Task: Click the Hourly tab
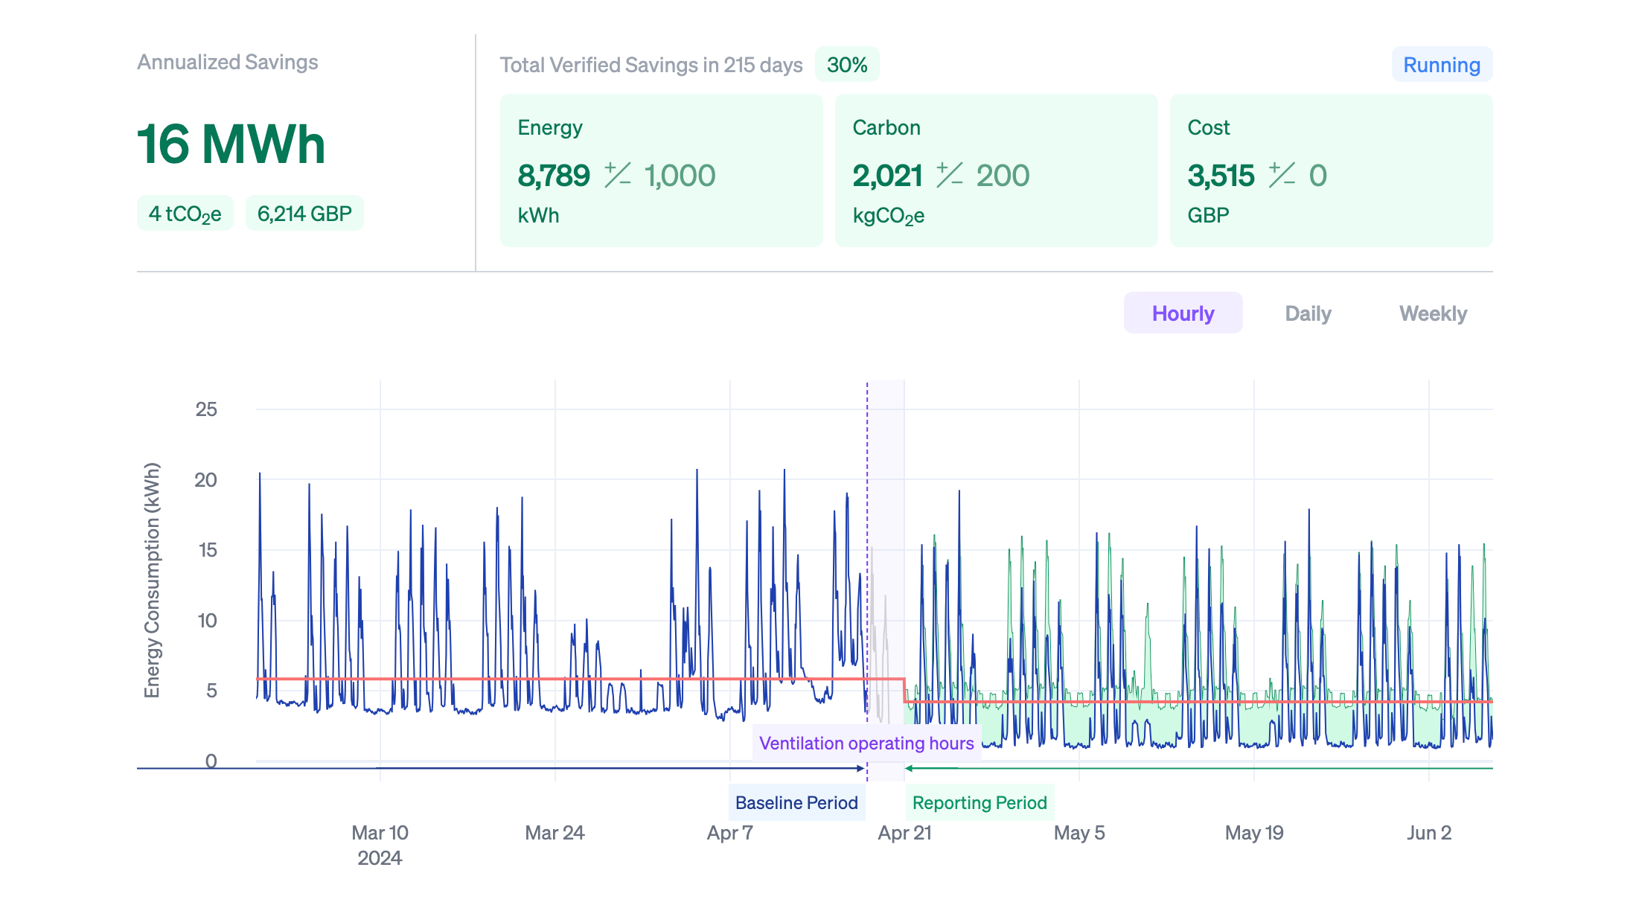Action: pos(1183,313)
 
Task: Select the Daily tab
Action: pos(1308,313)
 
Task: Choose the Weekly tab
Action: pos(1433,313)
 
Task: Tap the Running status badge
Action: pos(1441,65)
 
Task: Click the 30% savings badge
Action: pos(847,65)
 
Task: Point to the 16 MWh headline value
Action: pos(231,144)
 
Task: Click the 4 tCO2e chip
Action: pos(185,214)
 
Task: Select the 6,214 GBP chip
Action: pos(304,214)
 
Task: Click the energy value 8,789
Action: pos(554,176)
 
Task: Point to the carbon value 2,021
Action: pos(887,176)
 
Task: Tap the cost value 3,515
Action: pos(1221,176)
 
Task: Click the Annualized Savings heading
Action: pos(228,62)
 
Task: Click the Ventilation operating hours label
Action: pos(866,743)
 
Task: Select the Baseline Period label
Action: pos(796,802)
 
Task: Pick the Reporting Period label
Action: pos(980,802)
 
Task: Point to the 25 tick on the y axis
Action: pos(206,409)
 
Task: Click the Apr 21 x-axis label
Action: pos(904,832)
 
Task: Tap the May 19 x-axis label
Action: pos(1254,832)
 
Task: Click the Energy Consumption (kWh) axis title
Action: pos(152,581)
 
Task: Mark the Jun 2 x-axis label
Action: pos(1429,832)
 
